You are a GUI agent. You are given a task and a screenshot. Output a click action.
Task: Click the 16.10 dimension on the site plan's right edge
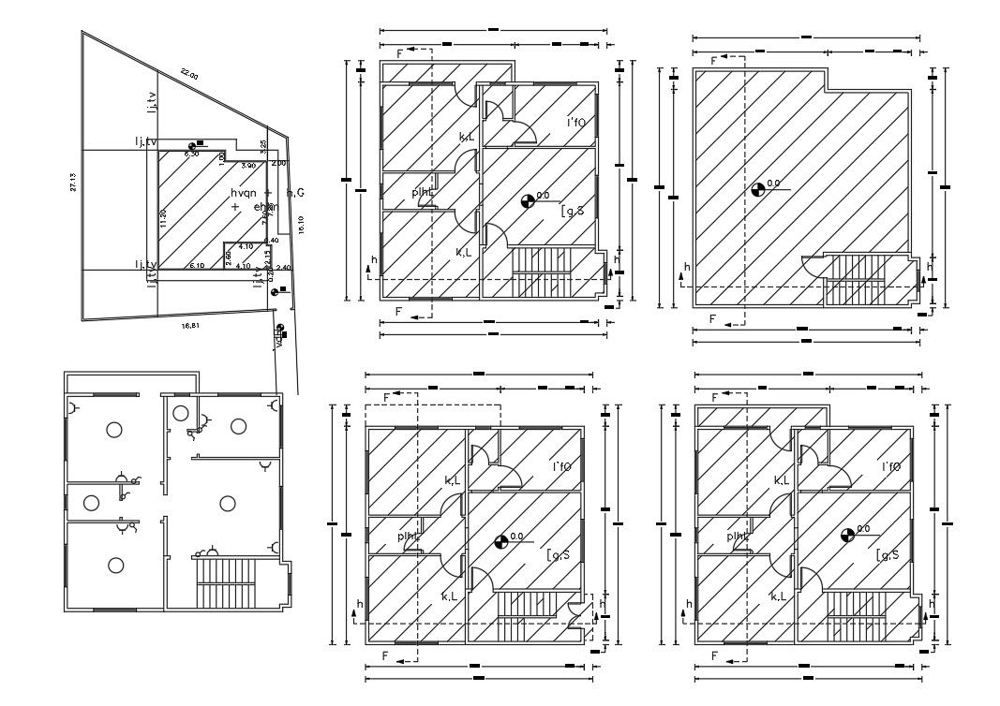click(300, 225)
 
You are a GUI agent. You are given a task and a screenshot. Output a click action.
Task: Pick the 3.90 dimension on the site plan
click(247, 165)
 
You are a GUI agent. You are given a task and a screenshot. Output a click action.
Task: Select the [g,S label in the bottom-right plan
click(888, 555)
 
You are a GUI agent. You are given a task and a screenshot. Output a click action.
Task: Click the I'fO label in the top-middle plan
click(575, 123)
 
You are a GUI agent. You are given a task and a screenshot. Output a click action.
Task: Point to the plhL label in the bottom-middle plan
click(408, 537)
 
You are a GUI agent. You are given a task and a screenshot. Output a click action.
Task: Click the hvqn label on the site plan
click(242, 191)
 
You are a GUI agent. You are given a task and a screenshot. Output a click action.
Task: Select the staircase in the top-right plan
click(855, 278)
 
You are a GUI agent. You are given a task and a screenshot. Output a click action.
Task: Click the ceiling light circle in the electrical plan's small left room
click(90, 502)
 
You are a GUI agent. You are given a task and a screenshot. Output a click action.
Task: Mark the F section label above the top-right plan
click(713, 61)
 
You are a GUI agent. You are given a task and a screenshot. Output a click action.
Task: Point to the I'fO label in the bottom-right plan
click(891, 466)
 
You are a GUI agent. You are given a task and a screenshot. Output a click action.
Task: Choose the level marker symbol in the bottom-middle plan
click(501, 541)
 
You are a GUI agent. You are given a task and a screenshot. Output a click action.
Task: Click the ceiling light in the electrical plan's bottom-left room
click(115, 565)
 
